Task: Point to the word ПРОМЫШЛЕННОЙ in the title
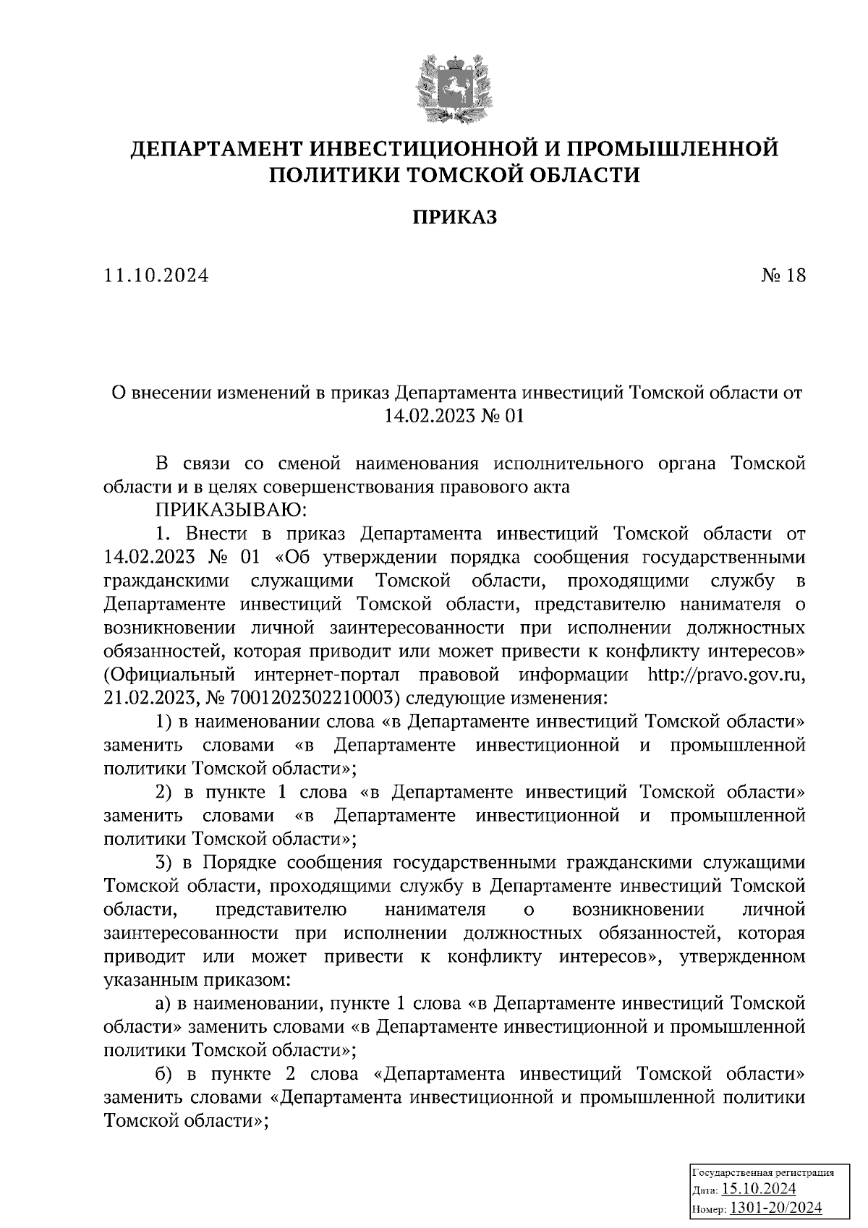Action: tap(672, 149)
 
